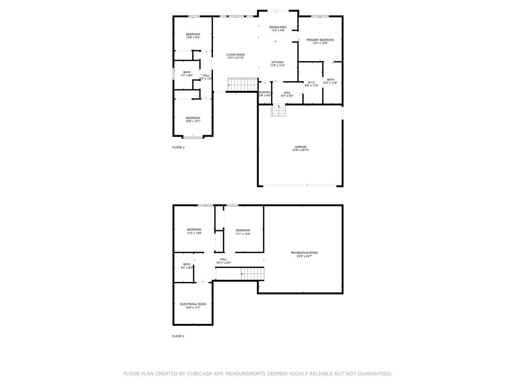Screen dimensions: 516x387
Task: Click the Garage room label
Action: point(300,147)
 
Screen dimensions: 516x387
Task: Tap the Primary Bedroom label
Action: point(320,40)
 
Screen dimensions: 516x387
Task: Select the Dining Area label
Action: point(278,27)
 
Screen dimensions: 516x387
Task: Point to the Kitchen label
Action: point(278,62)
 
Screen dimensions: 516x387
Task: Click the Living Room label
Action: point(236,55)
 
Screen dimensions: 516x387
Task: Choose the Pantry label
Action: point(265,92)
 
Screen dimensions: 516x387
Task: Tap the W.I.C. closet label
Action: point(311,82)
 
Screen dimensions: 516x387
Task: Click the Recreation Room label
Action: point(304,253)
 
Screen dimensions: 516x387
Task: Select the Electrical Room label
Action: point(193,304)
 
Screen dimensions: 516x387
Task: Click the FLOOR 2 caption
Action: point(178,147)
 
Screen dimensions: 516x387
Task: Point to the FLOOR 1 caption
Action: point(178,336)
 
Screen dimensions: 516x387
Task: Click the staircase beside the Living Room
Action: point(243,84)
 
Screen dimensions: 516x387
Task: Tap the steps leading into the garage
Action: point(279,110)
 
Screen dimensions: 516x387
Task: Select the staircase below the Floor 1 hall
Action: point(252,274)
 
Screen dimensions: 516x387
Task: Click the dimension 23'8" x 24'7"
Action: point(304,256)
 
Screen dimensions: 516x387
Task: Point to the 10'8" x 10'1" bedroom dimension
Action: point(193,121)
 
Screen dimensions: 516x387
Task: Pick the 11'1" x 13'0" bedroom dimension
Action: point(243,234)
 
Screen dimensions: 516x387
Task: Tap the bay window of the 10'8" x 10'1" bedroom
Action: point(193,137)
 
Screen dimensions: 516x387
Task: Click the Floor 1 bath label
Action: point(187,264)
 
